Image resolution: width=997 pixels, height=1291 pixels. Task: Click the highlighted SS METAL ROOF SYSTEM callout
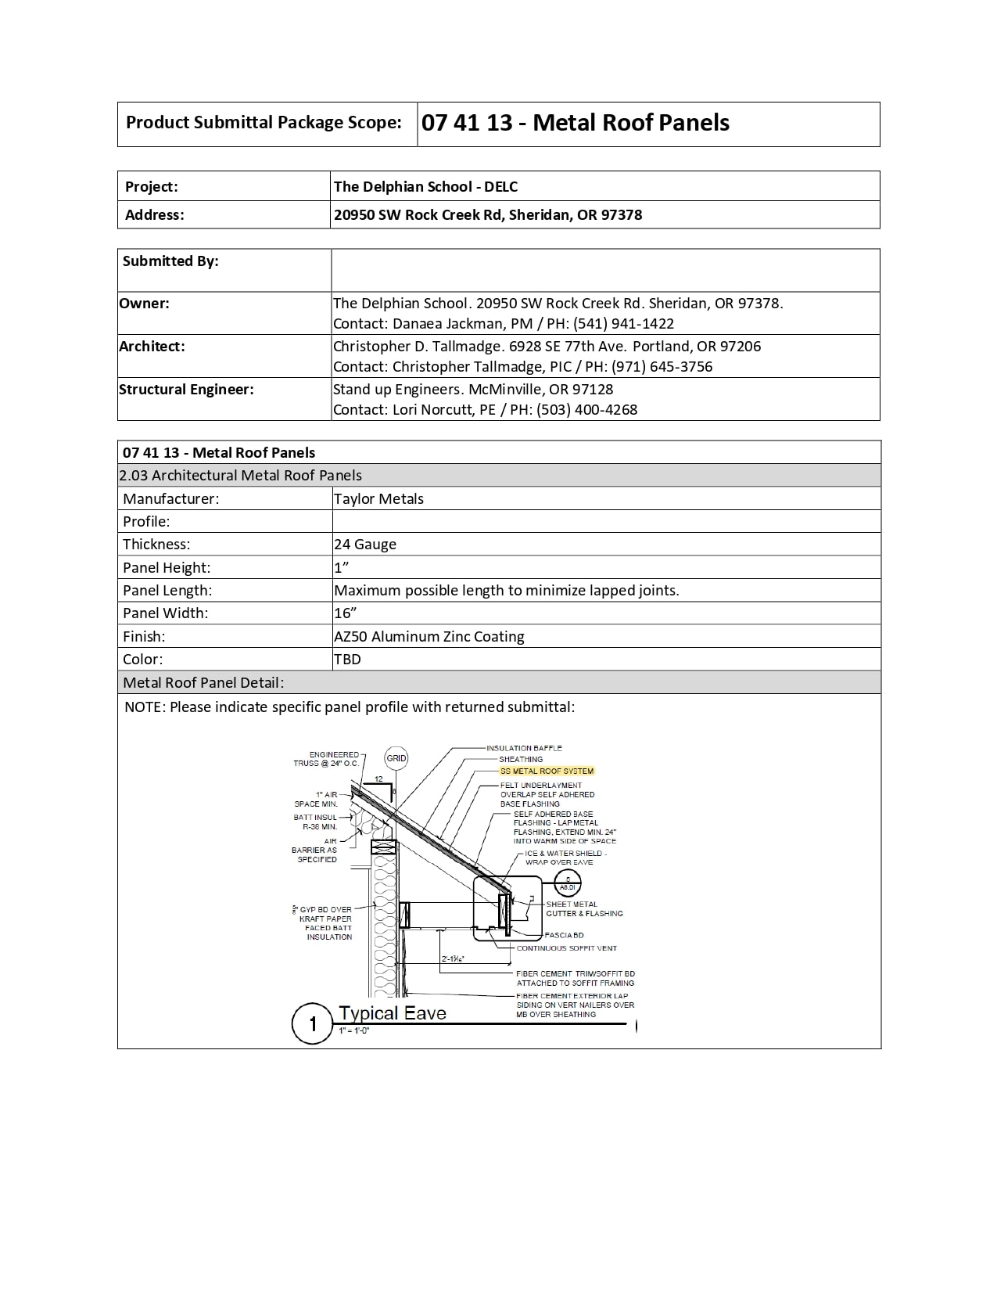click(x=547, y=771)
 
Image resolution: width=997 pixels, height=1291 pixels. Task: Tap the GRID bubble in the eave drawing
click(x=396, y=757)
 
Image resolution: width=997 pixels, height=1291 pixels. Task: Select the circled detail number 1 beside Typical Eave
click(x=313, y=1023)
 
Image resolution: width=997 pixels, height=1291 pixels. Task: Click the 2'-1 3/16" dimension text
click(x=453, y=958)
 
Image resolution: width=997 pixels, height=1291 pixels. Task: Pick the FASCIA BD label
click(x=564, y=935)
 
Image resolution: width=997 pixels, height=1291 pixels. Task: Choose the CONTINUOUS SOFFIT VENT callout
click(x=566, y=948)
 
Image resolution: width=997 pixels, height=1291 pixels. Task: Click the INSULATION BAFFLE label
click(x=524, y=748)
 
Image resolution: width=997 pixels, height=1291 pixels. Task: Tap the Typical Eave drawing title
click(x=393, y=1013)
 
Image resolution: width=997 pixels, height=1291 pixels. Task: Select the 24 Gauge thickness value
click(x=365, y=545)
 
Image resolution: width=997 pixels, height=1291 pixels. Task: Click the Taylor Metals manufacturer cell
click(x=378, y=499)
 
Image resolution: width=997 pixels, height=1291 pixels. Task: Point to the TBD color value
click(x=347, y=660)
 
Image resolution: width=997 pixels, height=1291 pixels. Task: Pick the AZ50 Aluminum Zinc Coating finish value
click(x=429, y=637)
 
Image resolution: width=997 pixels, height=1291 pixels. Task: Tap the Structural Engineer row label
click(x=186, y=390)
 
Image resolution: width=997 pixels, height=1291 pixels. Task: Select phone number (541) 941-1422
click(x=623, y=324)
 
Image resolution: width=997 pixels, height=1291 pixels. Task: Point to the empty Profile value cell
click(x=606, y=522)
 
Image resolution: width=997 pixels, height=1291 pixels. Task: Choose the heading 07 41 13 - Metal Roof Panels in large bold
click(x=576, y=123)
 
